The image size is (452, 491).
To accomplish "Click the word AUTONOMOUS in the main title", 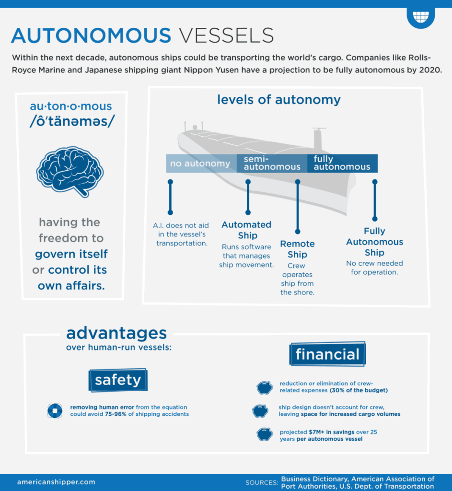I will coord(91,36).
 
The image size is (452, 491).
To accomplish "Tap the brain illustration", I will coord(70,171).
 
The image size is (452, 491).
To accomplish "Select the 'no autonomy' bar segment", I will coord(200,164).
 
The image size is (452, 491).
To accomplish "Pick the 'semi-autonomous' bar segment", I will coord(272,164).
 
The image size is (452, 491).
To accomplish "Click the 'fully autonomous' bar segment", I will coord(342,164).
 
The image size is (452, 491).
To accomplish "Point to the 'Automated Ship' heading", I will coord(246,230).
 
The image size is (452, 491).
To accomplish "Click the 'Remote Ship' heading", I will coord(297,249).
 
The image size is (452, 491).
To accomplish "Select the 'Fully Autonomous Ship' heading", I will coord(374,242).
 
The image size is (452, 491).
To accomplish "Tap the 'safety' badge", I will coord(117,380).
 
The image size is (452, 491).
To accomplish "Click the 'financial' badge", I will coord(327,354).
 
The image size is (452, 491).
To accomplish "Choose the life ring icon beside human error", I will coord(54,410).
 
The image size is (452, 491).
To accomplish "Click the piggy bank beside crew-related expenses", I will coord(264,387).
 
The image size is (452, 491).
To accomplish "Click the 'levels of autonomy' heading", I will coord(278,99).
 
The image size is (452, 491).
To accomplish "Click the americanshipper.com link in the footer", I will coord(56,482).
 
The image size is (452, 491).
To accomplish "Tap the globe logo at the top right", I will coord(420,17).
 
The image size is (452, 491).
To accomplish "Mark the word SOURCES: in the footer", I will coord(262,483).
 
